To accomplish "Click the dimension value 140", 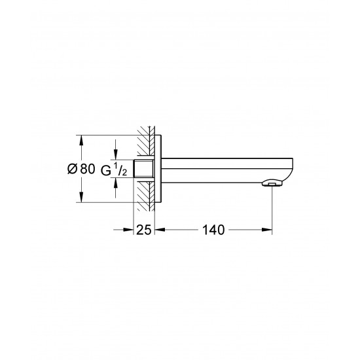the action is (213, 230).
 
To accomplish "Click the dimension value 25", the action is (144, 230).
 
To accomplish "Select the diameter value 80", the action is (88, 170).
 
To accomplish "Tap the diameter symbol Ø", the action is (72, 170).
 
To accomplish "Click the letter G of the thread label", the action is (106, 171).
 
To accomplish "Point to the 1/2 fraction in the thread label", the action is (121, 170).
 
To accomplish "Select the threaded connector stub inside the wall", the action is (144, 169).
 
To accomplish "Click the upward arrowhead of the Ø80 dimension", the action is (81, 140).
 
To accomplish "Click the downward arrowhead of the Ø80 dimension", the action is (81, 198).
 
